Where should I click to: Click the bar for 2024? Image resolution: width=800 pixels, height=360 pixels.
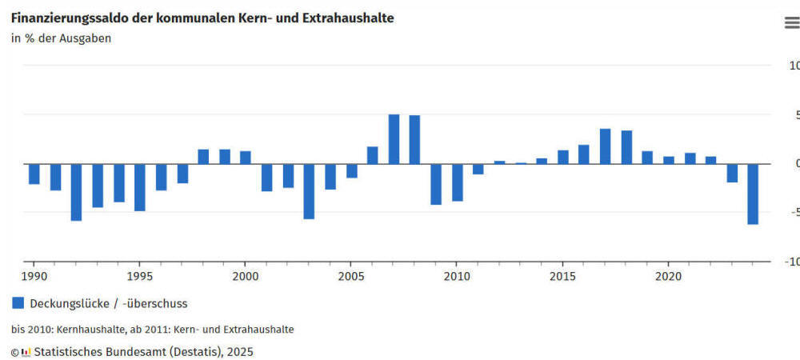click(753, 194)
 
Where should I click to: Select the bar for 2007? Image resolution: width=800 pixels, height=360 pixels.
click(394, 139)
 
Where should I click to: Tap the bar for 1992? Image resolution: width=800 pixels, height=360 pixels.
click(76, 192)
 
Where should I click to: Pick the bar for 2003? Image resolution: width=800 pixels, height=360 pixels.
click(309, 191)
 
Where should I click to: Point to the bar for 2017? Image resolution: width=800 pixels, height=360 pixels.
click(605, 146)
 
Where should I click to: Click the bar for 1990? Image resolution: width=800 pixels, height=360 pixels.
click(34, 174)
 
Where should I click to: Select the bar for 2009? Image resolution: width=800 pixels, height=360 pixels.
click(436, 184)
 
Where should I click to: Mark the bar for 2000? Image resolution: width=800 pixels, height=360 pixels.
click(246, 158)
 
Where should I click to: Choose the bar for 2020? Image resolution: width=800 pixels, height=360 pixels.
click(669, 160)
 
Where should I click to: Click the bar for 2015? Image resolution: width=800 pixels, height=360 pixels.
click(563, 157)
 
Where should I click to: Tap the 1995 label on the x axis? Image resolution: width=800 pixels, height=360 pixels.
click(139, 276)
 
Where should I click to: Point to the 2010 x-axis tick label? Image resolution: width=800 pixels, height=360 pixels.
click(456, 276)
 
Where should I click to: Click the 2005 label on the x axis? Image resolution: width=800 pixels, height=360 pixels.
click(350, 276)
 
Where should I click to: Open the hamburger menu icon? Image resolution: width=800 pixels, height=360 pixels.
click(791, 23)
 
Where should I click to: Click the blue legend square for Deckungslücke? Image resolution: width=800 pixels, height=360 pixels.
click(18, 303)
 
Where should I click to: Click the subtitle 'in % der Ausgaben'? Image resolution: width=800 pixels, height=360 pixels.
click(61, 38)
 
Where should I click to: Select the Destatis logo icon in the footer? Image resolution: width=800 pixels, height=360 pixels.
click(26, 351)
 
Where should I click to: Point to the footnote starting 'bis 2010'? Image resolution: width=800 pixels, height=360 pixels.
click(152, 329)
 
